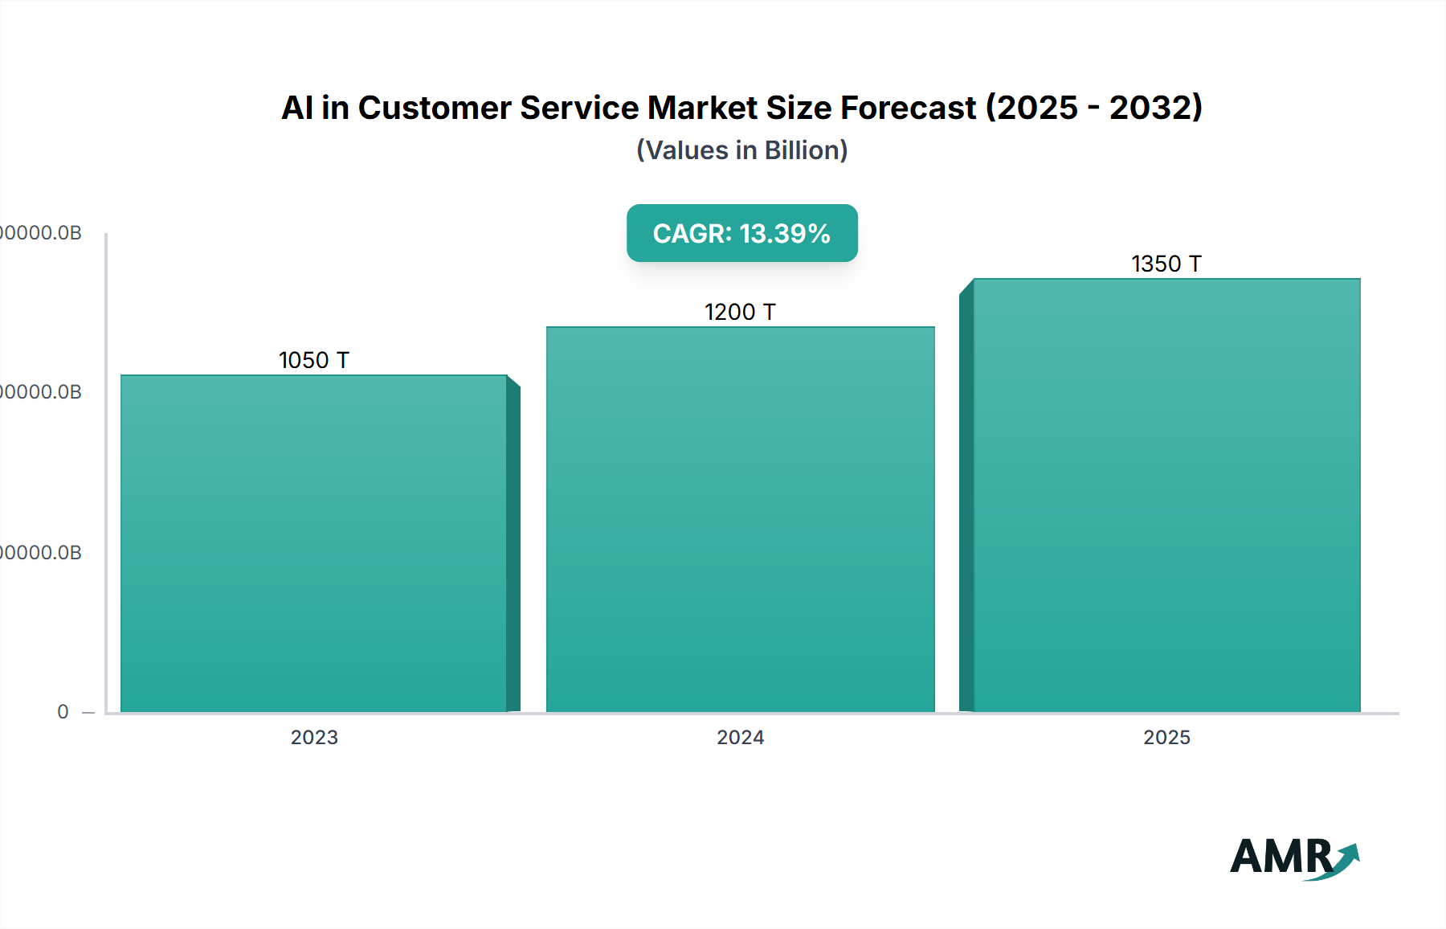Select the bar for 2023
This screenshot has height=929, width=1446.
click(x=313, y=543)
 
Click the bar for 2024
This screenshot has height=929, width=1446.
click(x=740, y=519)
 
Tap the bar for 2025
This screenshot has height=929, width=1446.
click(x=1166, y=495)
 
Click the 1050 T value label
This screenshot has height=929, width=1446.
click(x=313, y=360)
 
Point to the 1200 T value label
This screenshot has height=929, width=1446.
click(x=740, y=312)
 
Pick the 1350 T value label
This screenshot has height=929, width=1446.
click(x=1166, y=264)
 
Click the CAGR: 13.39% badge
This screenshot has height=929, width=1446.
click(x=741, y=233)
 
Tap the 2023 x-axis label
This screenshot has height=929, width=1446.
click(x=314, y=737)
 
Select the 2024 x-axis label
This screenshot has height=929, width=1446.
click(x=740, y=737)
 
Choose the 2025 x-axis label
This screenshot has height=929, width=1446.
click(x=1166, y=737)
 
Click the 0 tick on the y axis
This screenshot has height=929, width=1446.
click(x=63, y=712)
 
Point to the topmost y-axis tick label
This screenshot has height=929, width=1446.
click(x=40, y=233)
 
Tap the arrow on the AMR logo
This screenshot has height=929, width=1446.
click(x=1346, y=859)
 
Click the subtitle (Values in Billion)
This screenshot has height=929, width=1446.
click(x=741, y=150)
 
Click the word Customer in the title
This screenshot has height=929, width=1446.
click(x=434, y=108)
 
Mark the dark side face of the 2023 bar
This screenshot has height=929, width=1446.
click(x=513, y=546)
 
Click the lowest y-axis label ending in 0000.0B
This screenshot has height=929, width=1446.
click(x=40, y=553)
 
